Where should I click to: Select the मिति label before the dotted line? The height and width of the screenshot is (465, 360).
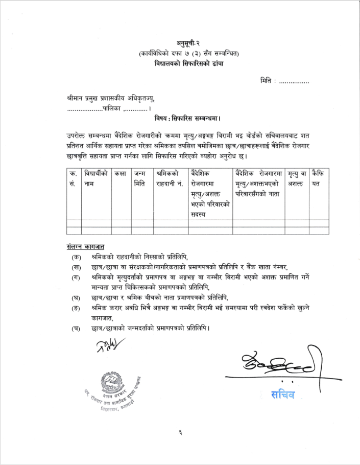(266, 81)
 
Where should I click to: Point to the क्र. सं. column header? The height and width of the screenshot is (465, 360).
(73, 178)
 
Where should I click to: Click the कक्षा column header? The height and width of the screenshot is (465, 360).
(121, 174)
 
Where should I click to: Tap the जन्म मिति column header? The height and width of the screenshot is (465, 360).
(140, 178)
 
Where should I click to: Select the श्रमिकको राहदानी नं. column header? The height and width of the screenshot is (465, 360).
(170, 178)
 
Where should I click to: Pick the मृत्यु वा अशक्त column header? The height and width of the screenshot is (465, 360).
(296, 178)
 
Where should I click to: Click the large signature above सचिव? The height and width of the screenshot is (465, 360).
(276, 364)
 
